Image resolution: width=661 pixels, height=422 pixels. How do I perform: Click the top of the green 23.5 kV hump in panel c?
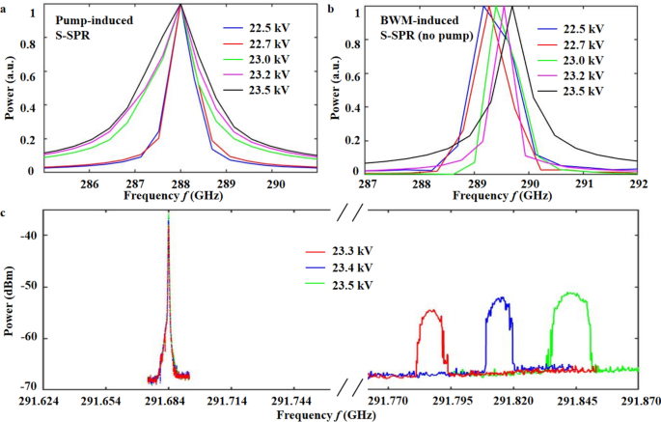pyautogui.click(x=567, y=295)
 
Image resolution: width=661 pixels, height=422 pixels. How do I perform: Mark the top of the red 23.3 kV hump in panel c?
pyautogui.click(x=430, y=311)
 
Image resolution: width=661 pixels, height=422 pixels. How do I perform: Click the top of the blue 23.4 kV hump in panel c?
pyautogui.click(x=500, y=298)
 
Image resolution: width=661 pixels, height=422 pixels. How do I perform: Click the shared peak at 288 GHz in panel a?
pyautogui.click(x=180, y=6)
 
